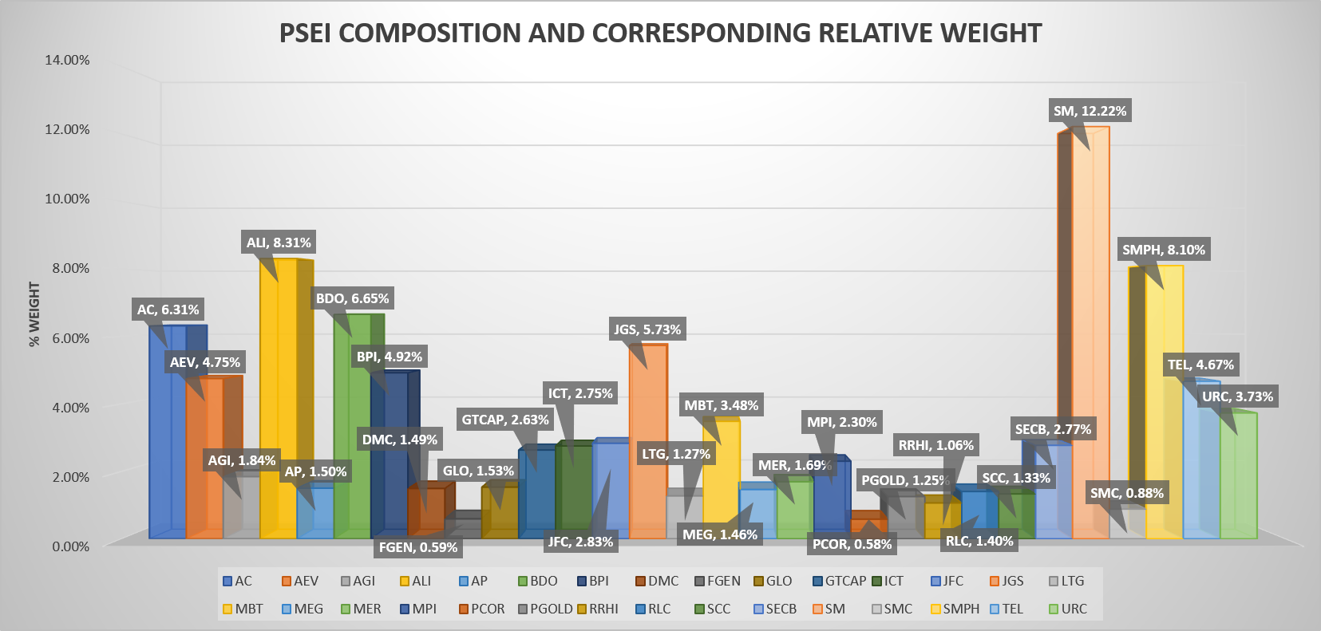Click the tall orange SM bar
(x=1090, y=343)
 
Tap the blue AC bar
(x=168, y=447)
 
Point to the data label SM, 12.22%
(x=1090, y=111)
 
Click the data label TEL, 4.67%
(x=1200, y=365)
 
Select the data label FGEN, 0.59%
(x=418, y=547)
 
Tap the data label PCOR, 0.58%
(x=852, y=544)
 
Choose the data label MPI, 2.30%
(x=841, y=422)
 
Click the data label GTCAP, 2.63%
(x=505, y=420)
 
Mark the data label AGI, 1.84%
(x=242, y=460)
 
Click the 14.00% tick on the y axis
(x=67, y=60)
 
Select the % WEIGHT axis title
(x=34, y=314)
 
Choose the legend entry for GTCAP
(x=839, y=581)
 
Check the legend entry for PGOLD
(x=545, y=609)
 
